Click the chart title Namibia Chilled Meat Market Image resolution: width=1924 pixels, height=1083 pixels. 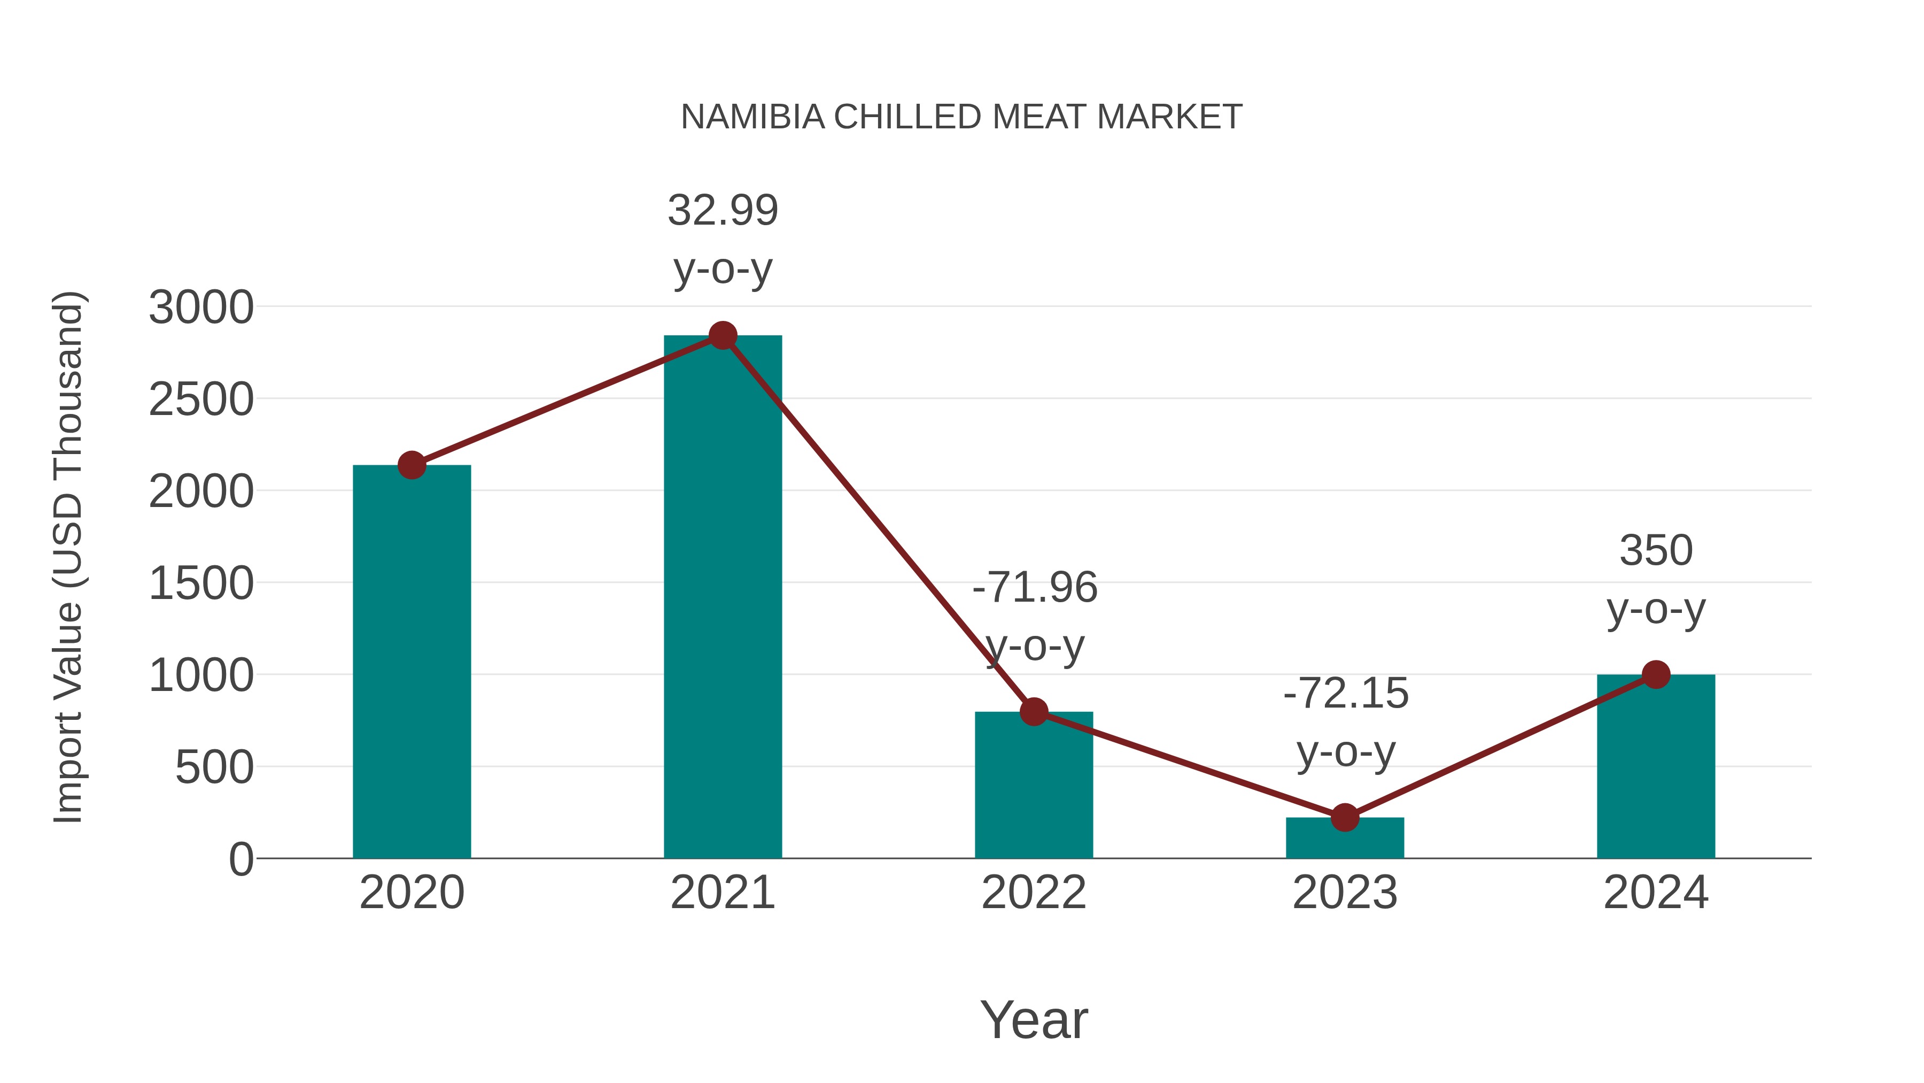point(961,117)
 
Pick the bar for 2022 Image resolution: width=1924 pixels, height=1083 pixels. point(1034,792)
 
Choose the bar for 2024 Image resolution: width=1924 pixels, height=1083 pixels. point(1656,770)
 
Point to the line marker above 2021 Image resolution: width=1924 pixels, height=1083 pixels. point(722,335)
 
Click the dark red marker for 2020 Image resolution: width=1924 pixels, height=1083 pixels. point(412,465)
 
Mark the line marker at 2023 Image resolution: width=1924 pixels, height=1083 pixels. point(1345,818)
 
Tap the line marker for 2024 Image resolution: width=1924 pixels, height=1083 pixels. point(1656,674)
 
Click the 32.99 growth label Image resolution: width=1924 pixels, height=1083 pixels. point(722,210)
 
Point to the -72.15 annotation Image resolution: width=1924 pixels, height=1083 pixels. point(1345,694)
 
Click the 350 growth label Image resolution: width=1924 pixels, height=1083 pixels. point(1656,551)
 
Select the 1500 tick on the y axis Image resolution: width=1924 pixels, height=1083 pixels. point(201,583)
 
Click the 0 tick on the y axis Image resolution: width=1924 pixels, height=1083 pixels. point(241,859)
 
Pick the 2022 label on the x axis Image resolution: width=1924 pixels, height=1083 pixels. point(1034,893)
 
